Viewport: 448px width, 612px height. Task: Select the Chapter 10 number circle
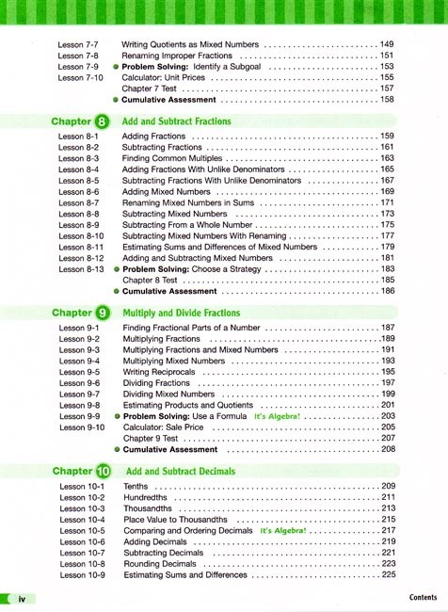(104, 471)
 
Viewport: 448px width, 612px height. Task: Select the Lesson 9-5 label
(79, 372)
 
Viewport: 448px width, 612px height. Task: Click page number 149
(386, 44)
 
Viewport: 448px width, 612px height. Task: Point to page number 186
(386, 291)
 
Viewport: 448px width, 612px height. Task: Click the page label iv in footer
(27, 598)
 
